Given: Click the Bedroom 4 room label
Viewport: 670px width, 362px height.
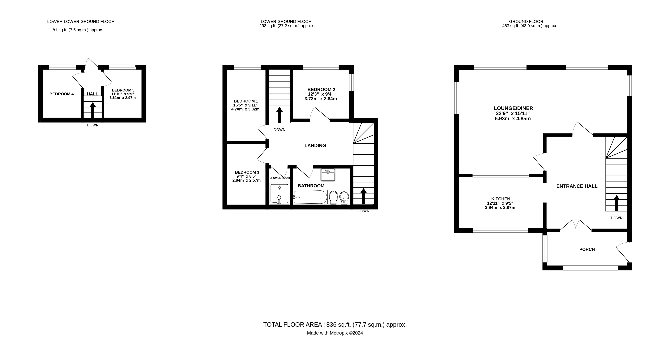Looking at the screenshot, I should pos(62,94).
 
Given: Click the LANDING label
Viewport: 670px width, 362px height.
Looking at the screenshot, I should pos(315,145).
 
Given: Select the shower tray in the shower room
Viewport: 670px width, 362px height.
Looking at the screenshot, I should pos(279,194).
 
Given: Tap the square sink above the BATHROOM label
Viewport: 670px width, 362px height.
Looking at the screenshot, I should pos(328,175).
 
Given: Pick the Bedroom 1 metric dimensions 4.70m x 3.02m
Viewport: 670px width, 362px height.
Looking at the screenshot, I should pos(245,109).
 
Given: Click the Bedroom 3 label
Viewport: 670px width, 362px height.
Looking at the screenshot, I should pos(247,172).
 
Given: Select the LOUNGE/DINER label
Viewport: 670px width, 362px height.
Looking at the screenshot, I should pos(513,108).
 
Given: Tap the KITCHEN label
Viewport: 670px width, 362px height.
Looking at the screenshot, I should pos(500,199).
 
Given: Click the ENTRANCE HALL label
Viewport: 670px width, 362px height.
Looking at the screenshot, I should pos(577,186).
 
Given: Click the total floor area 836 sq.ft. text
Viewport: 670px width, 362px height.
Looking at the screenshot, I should pos(335,325).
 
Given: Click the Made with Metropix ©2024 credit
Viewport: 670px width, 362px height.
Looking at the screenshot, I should pos(335,333).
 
